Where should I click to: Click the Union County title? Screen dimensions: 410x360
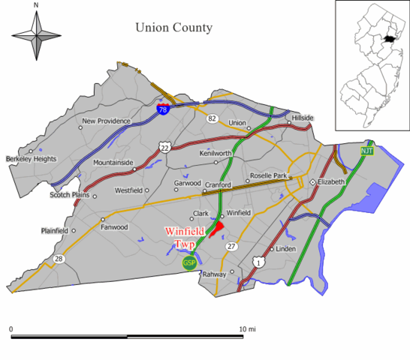tap(173, 28)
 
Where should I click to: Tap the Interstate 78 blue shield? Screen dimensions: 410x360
tap(163, 110)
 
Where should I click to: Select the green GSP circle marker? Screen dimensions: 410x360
tap(189, 262)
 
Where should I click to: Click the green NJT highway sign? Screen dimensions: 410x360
tap(366, 151)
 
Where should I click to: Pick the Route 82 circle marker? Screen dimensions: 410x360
tap(213, 118)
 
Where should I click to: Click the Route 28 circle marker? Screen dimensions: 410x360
tap(58, 259)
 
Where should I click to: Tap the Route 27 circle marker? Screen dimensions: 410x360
tap(232, 247)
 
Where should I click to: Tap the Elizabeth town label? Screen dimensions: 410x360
tap(331, 181)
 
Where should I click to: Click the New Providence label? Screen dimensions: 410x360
tap(106, 121)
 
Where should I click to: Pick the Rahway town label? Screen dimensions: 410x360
tap(214, 274)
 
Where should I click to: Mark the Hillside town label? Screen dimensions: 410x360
tap(302, 118)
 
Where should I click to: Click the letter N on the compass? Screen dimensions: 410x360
tap(36, 5)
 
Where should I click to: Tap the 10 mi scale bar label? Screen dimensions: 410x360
tap(247, 329)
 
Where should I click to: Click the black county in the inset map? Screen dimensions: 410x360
tap(388, 36)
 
